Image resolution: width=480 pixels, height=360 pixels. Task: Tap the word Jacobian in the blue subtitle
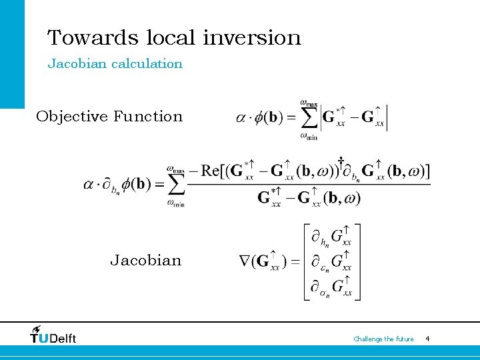point(71,64)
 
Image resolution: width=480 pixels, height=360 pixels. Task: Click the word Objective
point(71,117)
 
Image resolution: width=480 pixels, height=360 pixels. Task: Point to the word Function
point(148,117)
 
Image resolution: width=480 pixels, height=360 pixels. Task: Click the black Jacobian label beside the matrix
point(145,261)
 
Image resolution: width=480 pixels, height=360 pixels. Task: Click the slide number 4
point(427,339)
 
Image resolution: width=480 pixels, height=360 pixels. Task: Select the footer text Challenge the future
point(383,339)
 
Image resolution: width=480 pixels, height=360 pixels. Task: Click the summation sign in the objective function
point(308,119)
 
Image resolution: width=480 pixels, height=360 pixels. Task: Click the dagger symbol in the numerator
point(340,161)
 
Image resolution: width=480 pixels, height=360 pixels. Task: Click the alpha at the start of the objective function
point(241,118)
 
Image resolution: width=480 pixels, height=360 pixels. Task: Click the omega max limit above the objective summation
point(308,102)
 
